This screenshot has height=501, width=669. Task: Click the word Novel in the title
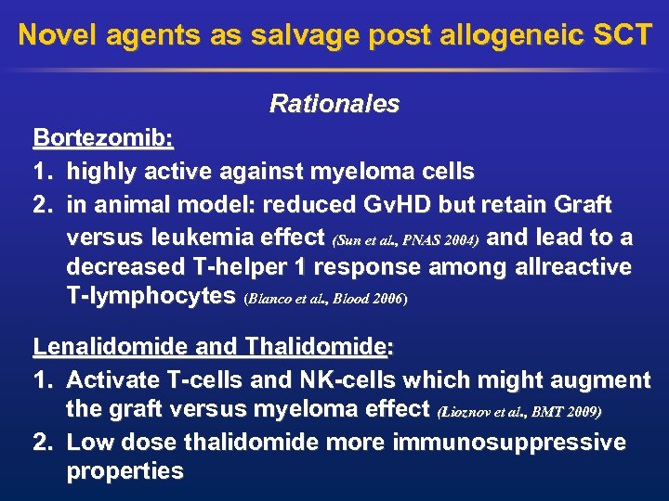coord(59,35)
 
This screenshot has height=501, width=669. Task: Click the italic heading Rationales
coord(334,104)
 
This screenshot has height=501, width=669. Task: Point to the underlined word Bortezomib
coord(102,138)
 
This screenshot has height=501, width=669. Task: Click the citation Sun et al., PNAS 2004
coord(405,239)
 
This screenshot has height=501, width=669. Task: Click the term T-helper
coord(244,267)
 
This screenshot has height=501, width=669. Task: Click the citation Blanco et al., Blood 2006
coord(325,300)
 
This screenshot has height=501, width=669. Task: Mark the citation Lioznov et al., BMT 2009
coord(519,410)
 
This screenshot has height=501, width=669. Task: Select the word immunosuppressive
coord(509,441)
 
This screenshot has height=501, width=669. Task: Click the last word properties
coord(125,470)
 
